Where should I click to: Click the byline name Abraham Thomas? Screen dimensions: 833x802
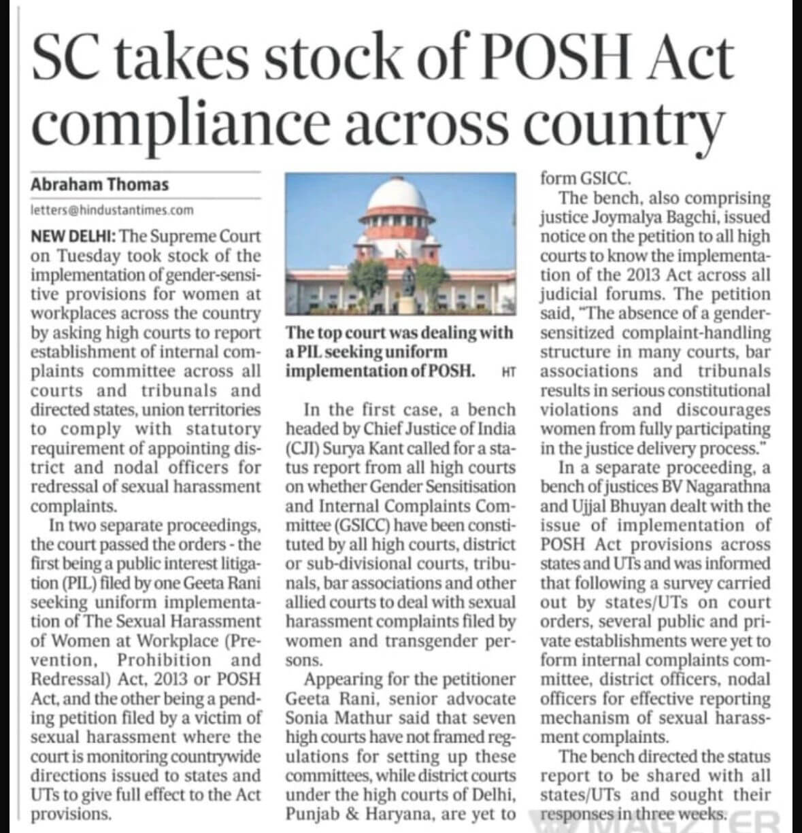click(x=99, y=184)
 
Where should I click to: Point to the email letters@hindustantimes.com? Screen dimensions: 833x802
click(x=112, y=210)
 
